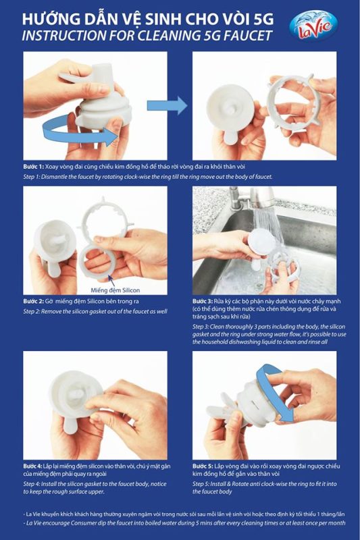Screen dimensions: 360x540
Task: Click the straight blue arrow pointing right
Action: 167,105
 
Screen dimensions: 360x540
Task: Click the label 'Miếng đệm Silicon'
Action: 115,290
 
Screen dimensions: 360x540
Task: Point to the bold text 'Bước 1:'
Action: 33,166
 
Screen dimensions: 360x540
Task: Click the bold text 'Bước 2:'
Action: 33,301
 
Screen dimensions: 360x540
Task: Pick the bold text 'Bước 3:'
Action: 203,301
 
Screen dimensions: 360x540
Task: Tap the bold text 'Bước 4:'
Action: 32,466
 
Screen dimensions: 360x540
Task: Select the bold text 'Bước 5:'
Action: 203,466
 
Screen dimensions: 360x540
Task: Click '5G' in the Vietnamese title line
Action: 263,20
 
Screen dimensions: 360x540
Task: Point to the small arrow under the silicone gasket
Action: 109,279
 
